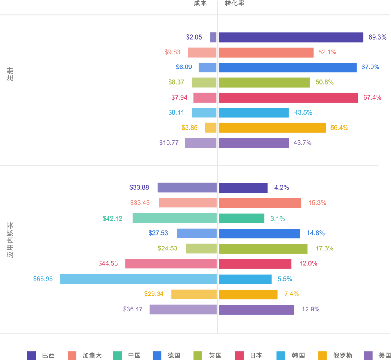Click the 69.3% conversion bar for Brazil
click(x=291, y=38)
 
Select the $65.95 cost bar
click(x=138, y=279)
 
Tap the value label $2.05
click(x=194, y=38)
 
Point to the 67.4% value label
click(x=372, y=98)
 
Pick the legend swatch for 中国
click(x=118, y=355)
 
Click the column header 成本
click(x=200, y=4)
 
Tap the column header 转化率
click(x=234, y=4)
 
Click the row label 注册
click(x=10, y=74)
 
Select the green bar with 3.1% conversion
click(x=241, y=218)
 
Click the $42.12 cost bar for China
click(x=174, y=218)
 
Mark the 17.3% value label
click(x=324, y=248)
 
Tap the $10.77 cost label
click(x=169, y=143)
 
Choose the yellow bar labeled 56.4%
click(x=272, y=128)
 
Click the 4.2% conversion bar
click(x=243, y=188)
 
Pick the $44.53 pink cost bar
click(x=171, y=264)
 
